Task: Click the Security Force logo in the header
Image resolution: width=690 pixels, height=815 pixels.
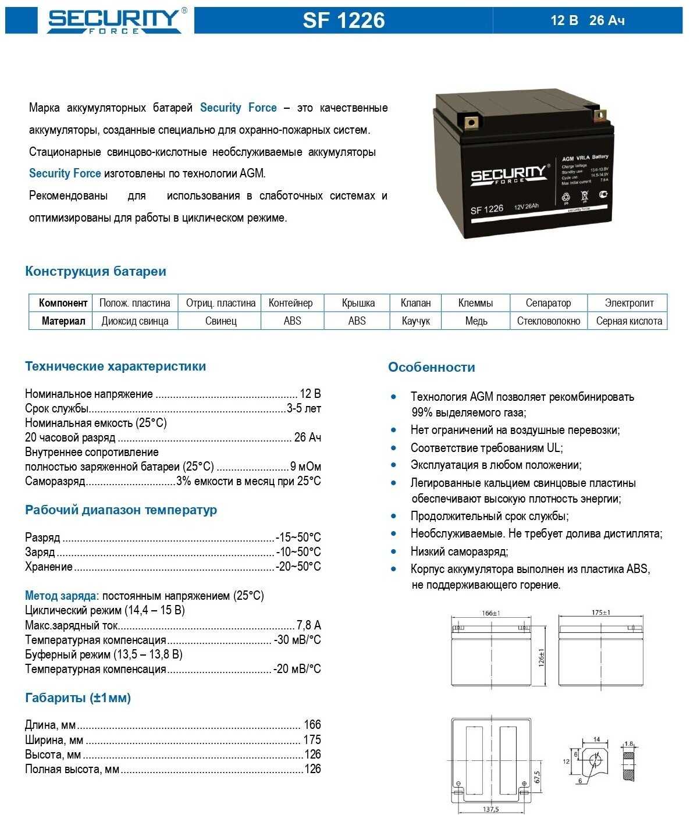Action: coord(114,20)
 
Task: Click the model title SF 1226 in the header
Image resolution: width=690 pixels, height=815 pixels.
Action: coord(343,20)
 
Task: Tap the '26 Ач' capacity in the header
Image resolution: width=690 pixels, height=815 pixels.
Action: coord(606,20)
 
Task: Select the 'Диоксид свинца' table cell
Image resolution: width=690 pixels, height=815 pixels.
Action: coord(135,321)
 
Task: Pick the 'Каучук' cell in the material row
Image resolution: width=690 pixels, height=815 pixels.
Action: coord(415,321)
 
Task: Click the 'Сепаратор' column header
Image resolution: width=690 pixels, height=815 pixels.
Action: coord(548,302)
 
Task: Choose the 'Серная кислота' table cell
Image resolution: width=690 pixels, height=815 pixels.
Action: coord(629,321)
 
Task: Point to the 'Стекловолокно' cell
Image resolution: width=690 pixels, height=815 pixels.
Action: coord(548,321)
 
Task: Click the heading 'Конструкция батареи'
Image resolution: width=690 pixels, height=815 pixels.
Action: coord(95,271)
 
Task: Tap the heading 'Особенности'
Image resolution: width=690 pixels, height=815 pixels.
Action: coord(431,367)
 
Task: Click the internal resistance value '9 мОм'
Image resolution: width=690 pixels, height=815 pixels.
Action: coord(305,467)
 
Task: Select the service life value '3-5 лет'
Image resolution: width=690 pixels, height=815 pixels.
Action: coord(304,408)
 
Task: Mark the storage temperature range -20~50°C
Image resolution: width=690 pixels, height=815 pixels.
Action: coord(298,566)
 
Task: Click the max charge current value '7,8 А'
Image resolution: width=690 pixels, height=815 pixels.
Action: coord(308,625)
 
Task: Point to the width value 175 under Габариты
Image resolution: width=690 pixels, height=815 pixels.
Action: coord(312,739)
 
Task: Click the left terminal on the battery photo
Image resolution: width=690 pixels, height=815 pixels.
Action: coord(471,122)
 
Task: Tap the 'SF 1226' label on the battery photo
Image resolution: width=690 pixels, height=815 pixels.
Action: coord(486,209)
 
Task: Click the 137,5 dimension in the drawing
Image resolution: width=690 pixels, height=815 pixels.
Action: coord(490,809)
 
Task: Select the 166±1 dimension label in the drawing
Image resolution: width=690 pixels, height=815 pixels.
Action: coord(491,613)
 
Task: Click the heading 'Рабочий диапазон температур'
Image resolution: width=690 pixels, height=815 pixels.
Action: coord(121,510)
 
